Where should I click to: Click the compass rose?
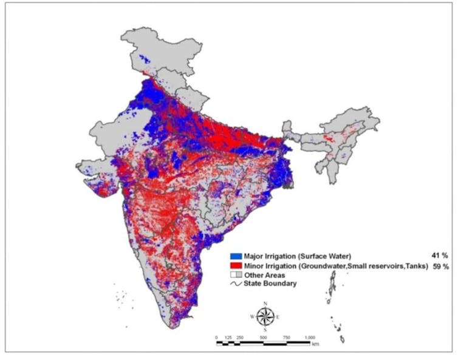265,316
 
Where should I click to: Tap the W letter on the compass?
252,317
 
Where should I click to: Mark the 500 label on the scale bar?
263,338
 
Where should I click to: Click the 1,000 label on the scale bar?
309,338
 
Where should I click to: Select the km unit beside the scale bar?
315,344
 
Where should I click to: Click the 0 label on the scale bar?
217,338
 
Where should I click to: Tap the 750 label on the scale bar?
286,338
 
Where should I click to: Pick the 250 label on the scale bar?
240,338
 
